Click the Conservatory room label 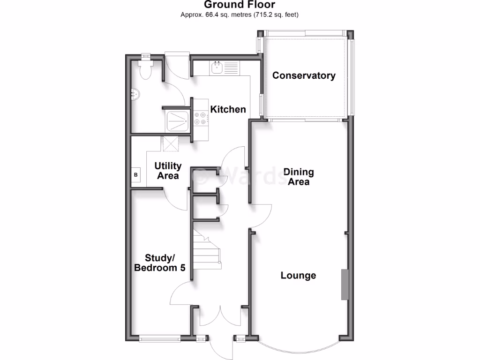click(304, 75)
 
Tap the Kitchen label click(228, 109)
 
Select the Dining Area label click(298, 177)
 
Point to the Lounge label click(298, 275)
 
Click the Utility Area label click(168, 171)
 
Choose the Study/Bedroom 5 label click(160, 263)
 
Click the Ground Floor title click(240, 5)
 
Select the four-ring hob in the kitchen click(200, 118)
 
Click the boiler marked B click(136, 175)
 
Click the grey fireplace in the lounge click(345, 284)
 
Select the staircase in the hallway click(206, 253)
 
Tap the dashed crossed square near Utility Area click(171, 143)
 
